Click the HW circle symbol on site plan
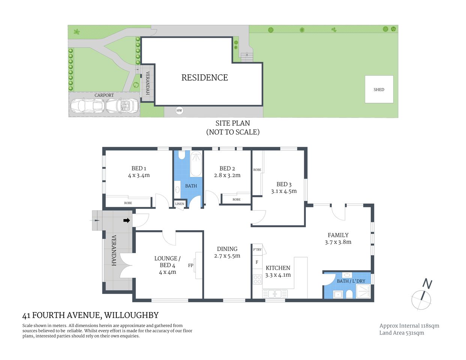(x=179, y=111)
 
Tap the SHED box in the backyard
(x=379, y=89)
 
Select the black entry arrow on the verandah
(x=127, y=220)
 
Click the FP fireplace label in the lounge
(x=191, y=265)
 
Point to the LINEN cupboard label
(x=180, y=204)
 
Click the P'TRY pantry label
(x=257, y=250)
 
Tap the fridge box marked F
(x=257, y=262)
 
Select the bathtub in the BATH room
(x=196, y=164)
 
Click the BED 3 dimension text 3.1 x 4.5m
(x=284, y=191)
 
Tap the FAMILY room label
(x=338, y=235)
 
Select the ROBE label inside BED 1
(x=128, y=203)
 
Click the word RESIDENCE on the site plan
(x=204, y=78)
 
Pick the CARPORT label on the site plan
(x=104, y=95)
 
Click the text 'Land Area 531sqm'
(x=401, y=333)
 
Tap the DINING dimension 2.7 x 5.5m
(x=227, y=256)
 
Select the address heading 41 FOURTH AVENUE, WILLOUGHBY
(x=90, y=315)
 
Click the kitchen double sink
(x=275, y=294)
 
